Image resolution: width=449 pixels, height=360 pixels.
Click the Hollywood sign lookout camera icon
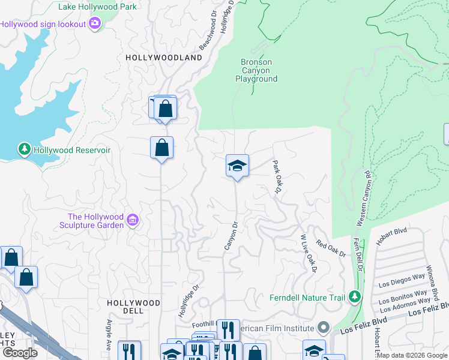(x=95, y=23)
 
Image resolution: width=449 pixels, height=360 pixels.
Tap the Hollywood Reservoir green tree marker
(x=24, y=148)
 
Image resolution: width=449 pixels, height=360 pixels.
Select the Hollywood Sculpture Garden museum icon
(x=133, y=221)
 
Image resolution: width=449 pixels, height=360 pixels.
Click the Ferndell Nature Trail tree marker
(x=355, y=297)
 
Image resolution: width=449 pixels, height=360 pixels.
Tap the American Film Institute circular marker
(x=324, y=328)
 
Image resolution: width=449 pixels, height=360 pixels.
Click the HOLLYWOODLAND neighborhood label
(x=164, y=58)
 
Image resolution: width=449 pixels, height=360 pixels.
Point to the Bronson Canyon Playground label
(x=256, y=70)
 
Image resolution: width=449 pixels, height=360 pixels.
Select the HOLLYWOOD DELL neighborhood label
(x=133, y=307)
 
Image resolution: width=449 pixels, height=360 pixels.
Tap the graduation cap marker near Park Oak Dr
(x=237, y=166)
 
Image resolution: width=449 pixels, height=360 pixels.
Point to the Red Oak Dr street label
(x=331, y=248)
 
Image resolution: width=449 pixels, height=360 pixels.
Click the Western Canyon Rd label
(x=363, y=198)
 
